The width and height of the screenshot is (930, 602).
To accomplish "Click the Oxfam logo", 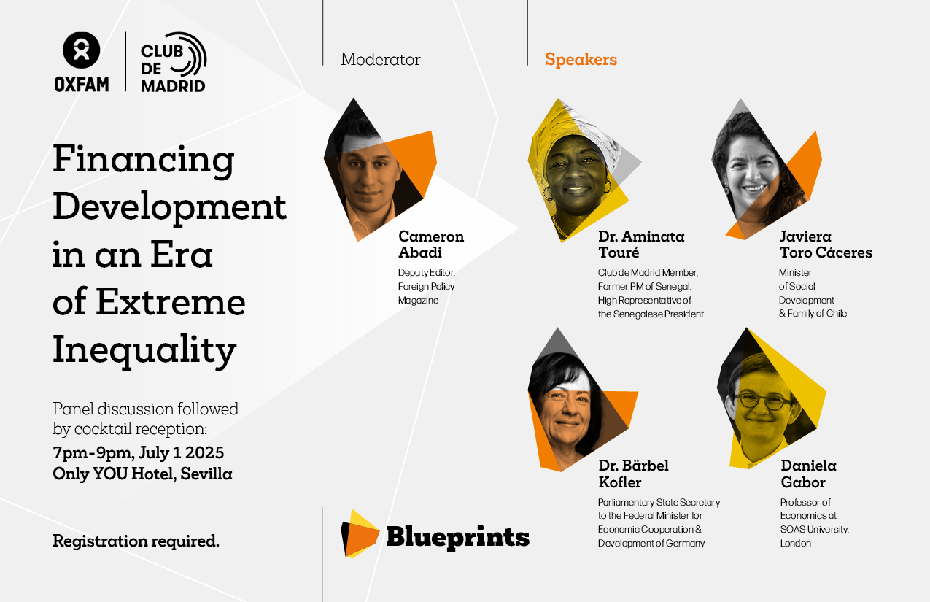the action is pyautogui.click(x=82, y=62).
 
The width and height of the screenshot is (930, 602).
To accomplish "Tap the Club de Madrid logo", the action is pyautogui.click(x=174, y=62).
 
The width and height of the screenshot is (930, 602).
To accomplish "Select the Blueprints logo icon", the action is pyautogui.click(x=360, y=533).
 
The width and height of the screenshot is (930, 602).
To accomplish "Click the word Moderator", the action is pyautogui.click(x=380, y=59).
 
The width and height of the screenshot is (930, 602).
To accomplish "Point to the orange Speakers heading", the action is pyautogui.click(x=581, y=59).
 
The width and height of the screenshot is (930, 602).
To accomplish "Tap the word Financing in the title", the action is pyautogui.click(x=144, y=161).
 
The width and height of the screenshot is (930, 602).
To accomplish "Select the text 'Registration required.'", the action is pyautogui.click(x=136, y=541).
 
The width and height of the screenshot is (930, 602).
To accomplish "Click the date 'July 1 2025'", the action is pyautogui.click(x=182, y=453).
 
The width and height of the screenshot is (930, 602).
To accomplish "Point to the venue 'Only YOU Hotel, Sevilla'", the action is pyautogui.click(x=142, y=474).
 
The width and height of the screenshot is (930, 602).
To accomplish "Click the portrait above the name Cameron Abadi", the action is pyautogui.click(x=379, y=170).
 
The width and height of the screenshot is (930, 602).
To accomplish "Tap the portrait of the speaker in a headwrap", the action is pyautogui.click(x=578, y=170).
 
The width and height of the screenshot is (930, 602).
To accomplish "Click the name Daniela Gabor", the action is pyautogui.click(x=808, y=474).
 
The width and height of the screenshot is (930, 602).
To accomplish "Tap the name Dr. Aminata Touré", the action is pyautogui.click(x=641, y=244).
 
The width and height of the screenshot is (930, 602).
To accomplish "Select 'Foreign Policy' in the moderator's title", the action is pyautogui.click(x=427, y=287).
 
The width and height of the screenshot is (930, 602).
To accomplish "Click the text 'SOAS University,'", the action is pyautogui.click(x=815, y=530).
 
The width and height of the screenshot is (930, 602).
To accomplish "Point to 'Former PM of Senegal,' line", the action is pyautogui.click(x=645, y=287).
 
